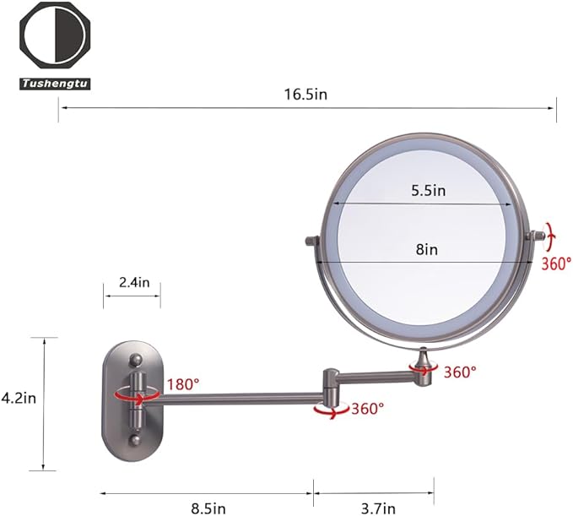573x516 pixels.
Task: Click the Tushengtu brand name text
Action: pyautogui.click(x=55, y=84)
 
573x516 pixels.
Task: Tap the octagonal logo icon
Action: pyautogui.click(x=55, y=36)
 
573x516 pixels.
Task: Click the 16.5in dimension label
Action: pyautogui.click(x=305, y=95)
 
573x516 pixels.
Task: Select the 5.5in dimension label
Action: pyautogui.click(x=429, y=191)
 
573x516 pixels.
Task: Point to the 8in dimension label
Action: pyautogui.click(x=427, y=249)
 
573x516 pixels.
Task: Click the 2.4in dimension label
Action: pyautogui.click(x=134, y=282)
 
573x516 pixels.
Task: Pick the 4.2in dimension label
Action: pyautogui.click(x=19, y=398)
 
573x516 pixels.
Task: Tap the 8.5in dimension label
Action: pyautogui.click(x=208, y=508)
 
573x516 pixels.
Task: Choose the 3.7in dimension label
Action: pyautogui.click(x=378, y=508)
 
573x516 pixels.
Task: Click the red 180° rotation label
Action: pyautogui.click(x=183, y=384)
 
